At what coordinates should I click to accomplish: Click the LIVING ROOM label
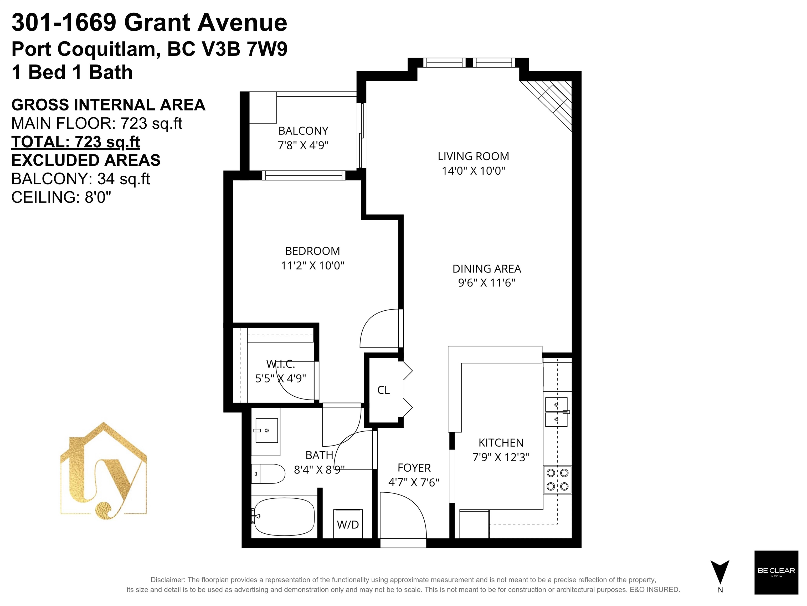(x=473, y=156)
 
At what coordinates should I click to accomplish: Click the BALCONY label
(x=303, y=131)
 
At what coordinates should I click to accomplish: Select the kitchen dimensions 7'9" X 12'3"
(x=501, y=457)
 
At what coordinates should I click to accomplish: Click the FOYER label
(x=414, y=468)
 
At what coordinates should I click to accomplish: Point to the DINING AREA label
(x=487, y=269)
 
